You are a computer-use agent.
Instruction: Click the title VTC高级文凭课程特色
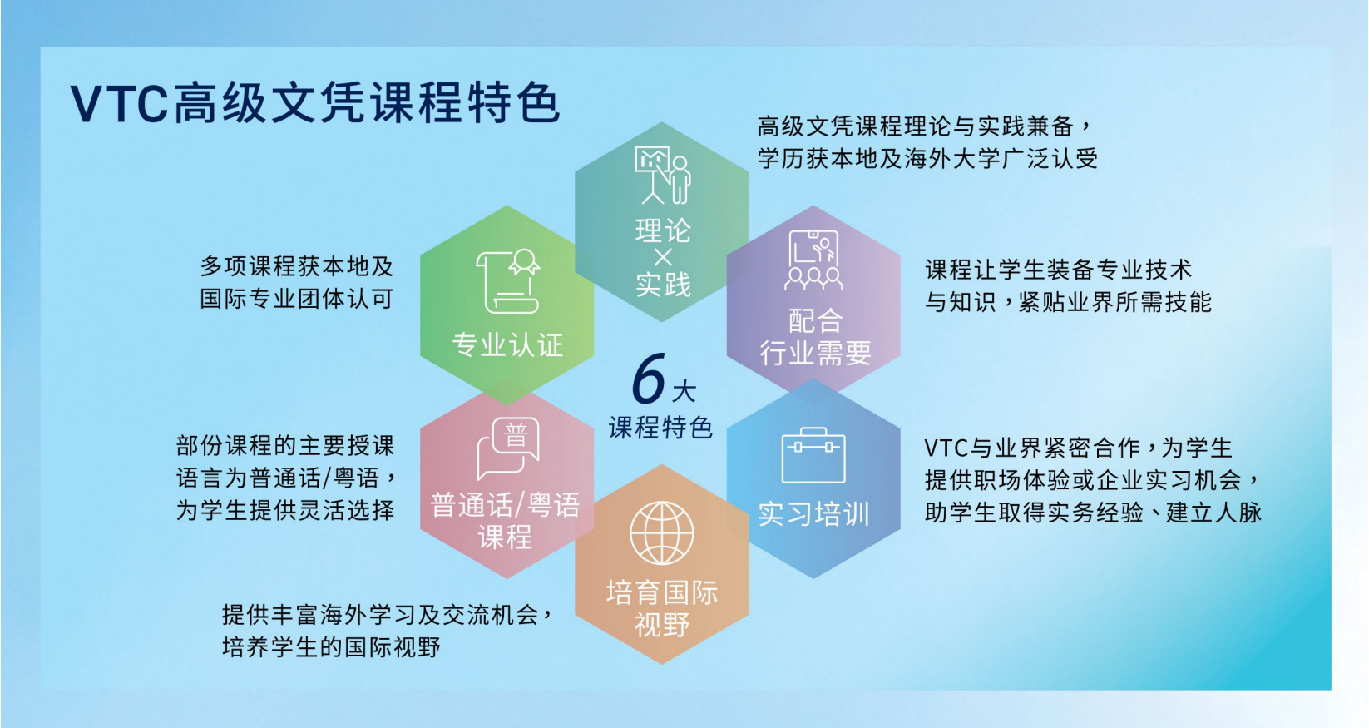pos(315,102)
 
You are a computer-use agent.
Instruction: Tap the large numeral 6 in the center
pos(649,379)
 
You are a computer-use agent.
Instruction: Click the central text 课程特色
pos(660,428)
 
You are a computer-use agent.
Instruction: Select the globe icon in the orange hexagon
pos(662,533)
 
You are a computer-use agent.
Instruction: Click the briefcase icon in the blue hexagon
pos(813,455)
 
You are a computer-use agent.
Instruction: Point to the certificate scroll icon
pos(507,281)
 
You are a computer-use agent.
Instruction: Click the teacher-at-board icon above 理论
pos(663,176)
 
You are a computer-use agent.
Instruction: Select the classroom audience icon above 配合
pos(813,260)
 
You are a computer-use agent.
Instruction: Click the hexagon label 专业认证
pos(507,345)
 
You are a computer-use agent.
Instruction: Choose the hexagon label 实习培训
pos(813,514)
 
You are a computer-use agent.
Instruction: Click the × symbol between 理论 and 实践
pos(663,257)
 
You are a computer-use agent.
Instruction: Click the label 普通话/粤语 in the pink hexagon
pos(505,506)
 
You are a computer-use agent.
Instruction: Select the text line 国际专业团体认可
pos(296,299)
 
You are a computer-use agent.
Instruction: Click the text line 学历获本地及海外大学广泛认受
pos(927,159)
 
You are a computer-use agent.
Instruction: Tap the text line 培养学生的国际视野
pos(331,646)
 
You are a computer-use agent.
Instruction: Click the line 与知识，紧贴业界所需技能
pos(1068,302)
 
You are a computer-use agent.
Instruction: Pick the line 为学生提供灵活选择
pos(285,510)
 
